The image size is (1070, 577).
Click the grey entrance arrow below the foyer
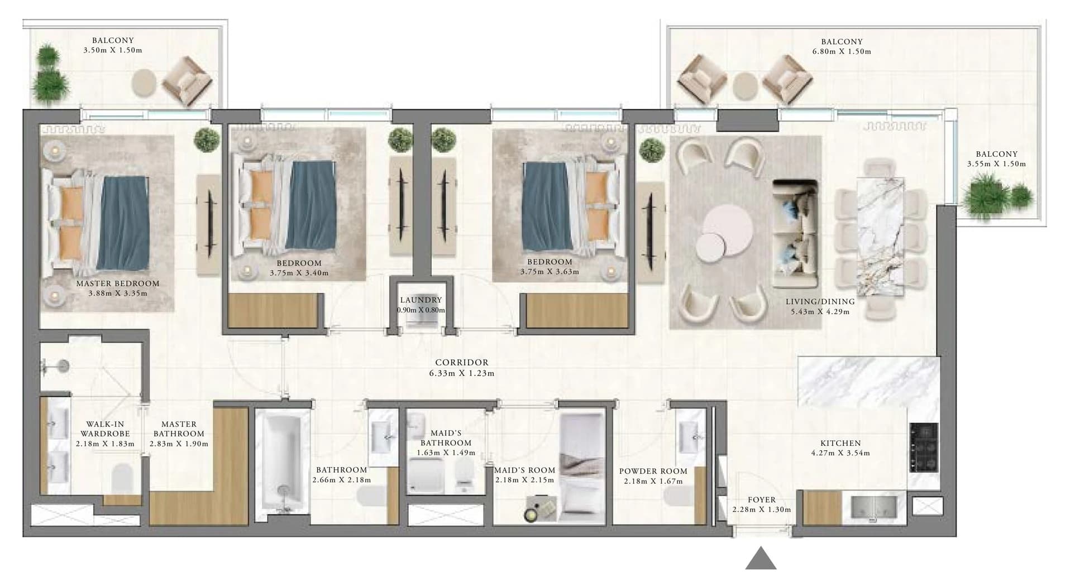(761, 560)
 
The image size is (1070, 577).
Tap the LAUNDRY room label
(421, 300)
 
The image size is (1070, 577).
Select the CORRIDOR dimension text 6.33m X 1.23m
(462, 373)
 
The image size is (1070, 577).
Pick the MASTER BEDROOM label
(118, 283)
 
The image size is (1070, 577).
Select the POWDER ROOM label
(653, 471)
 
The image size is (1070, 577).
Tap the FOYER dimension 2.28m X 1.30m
(761, 509)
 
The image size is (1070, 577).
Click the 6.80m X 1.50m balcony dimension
(842, 51)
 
